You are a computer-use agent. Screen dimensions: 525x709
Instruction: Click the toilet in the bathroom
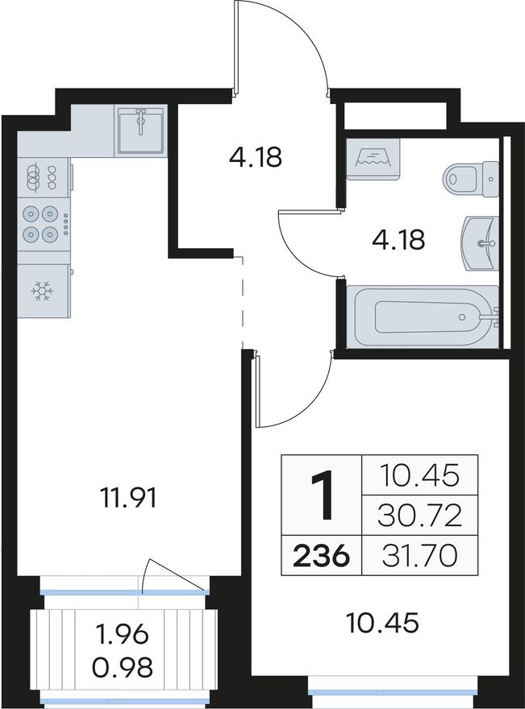(470, 179)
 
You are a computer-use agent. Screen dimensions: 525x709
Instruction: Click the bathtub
(423, 317)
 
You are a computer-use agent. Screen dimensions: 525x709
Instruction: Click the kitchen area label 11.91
(128, 499)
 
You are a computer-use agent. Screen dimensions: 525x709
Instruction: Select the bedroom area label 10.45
(382, 623)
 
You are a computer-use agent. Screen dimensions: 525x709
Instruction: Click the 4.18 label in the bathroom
(398, 239)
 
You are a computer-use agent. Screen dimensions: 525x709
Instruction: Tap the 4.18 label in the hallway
(256, 157)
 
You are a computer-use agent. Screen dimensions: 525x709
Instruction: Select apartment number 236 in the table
(321, 556)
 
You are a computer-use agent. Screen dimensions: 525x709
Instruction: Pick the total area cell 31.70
(419, 556)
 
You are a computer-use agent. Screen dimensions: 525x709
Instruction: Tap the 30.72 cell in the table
(419, 516)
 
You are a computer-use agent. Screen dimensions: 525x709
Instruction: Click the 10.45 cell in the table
(419, 475)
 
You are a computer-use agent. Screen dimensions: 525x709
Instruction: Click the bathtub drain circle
(461, 317)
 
